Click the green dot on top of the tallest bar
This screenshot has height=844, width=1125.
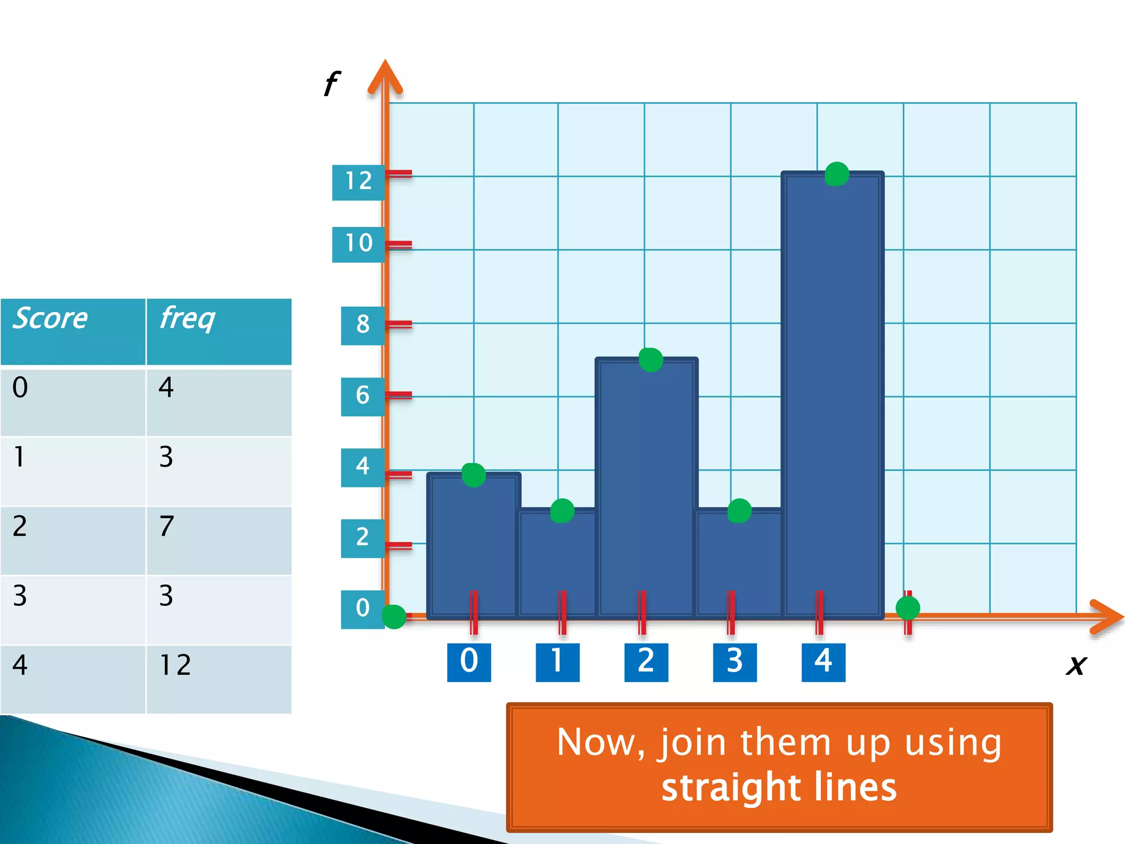[837, 174]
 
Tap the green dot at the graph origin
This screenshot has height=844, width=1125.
[394, 617]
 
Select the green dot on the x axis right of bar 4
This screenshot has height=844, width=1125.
[907, 608]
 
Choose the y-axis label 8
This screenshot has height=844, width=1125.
[363, 325]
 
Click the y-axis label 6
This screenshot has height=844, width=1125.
[363, 396]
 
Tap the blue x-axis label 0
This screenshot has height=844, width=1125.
[469, 662]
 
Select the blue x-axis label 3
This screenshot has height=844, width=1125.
[734, 662]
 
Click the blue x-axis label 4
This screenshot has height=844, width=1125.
[823, 662]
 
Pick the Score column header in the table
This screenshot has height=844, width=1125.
[51, 319]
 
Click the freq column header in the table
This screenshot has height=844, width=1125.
[187, 319]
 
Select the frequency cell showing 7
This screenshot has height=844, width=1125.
[166, 526]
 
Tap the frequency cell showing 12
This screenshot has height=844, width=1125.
[175, 665]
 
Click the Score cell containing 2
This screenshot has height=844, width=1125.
[20, 526]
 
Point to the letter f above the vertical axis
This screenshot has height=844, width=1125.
[331, 84]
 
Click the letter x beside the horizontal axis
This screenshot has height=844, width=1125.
[1076, 665]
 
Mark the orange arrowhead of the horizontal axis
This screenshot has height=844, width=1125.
[1107, 617]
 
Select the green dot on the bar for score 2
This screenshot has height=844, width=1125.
[651, 360]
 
